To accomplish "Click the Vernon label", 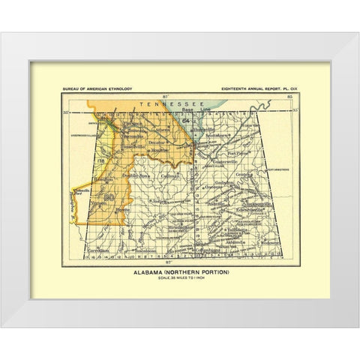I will (x=98, y=202).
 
